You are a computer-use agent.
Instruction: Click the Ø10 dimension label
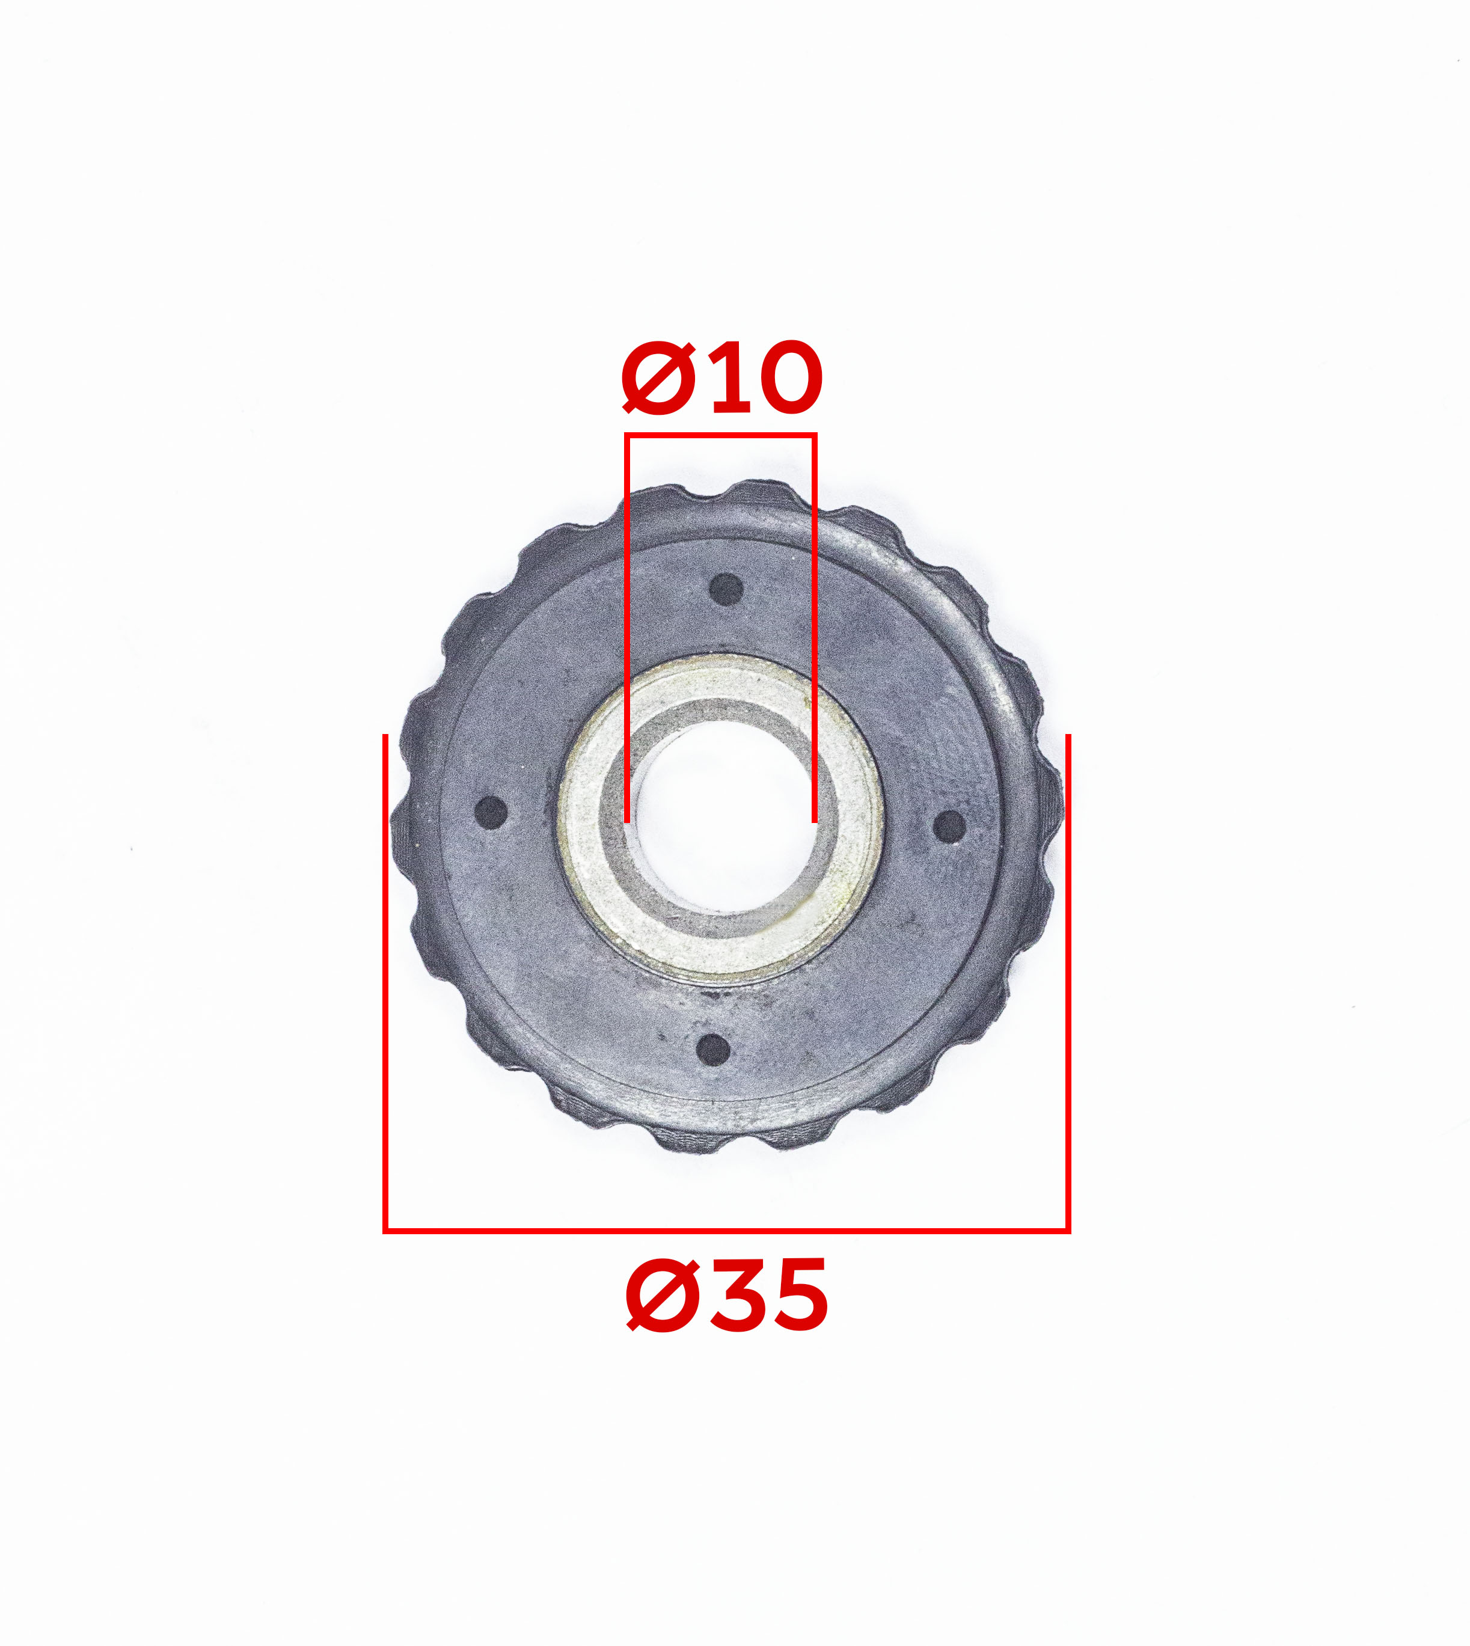pos(722,377)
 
